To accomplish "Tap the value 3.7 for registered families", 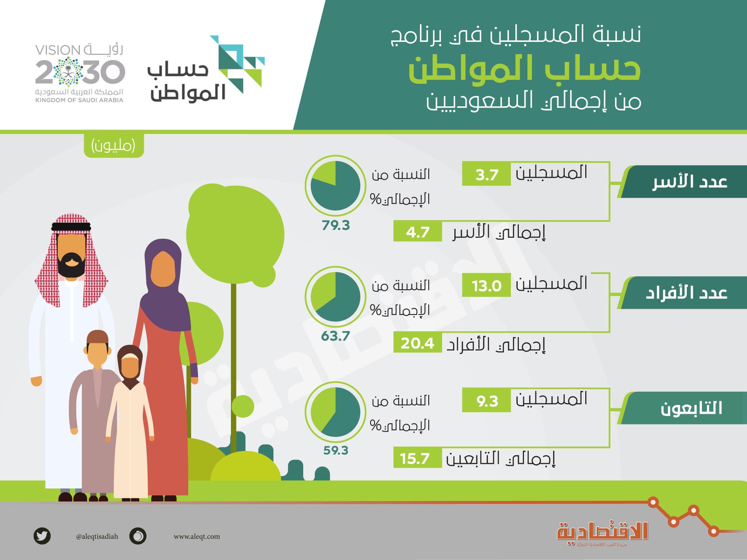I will (486, 174).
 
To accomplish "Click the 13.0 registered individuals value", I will (486, 285).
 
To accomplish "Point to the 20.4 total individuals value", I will (418, 343).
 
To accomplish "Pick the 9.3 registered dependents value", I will (486, 401).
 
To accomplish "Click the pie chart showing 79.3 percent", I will (335, 185).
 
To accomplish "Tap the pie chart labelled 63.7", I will (335, 296).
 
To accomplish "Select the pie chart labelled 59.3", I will (335, 411).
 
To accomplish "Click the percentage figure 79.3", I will (335, 225).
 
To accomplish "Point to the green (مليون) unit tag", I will (113, 145).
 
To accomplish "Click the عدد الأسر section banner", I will (684, 182).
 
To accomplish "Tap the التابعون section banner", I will (684, 408).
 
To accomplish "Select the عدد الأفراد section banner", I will (684, 293).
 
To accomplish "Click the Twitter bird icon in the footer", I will (42, 536).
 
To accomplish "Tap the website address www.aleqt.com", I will (197, 537).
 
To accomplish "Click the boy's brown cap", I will (97, 336).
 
